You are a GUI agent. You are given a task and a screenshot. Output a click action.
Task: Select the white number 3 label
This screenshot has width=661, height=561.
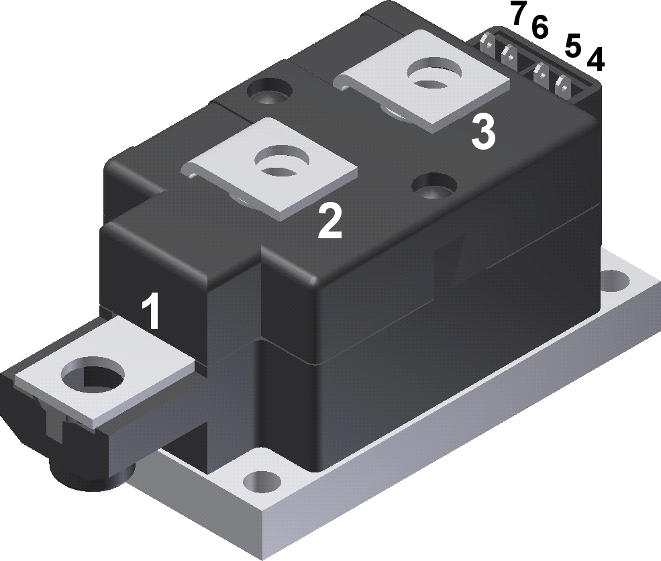point(483,132)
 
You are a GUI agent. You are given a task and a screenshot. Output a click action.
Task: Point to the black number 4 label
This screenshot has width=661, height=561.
point(595,60)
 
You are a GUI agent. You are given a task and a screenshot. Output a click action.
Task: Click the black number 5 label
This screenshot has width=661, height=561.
point(572,46)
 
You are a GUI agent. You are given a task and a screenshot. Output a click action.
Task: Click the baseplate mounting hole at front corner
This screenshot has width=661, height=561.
point(261,480)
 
